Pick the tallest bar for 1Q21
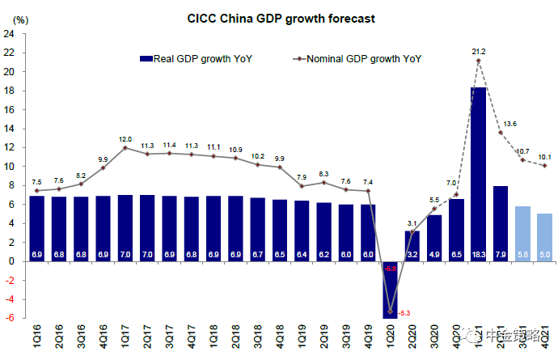[x=479, y=174]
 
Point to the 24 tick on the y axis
[x=9, y=34]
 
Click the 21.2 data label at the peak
[x=479, y=51]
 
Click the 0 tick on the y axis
[x=11, y=261]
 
